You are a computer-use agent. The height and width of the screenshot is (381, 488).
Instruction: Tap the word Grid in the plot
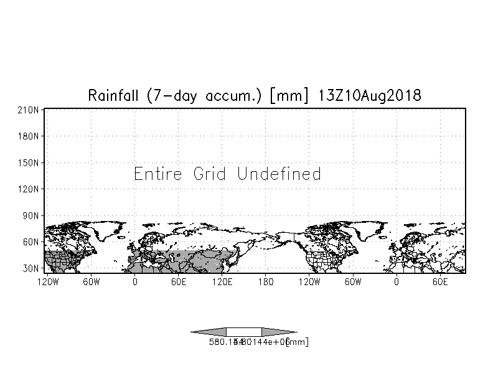[x=211, y=174]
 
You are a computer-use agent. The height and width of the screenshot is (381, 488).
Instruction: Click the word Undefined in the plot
[x=279, y=174]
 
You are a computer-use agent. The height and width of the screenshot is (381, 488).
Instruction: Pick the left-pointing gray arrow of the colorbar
[x=209, y=332]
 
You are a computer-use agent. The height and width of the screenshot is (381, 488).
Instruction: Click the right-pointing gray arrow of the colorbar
[x=278, y=332]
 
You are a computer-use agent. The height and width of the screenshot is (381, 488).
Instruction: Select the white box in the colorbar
[x=244, y=332]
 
